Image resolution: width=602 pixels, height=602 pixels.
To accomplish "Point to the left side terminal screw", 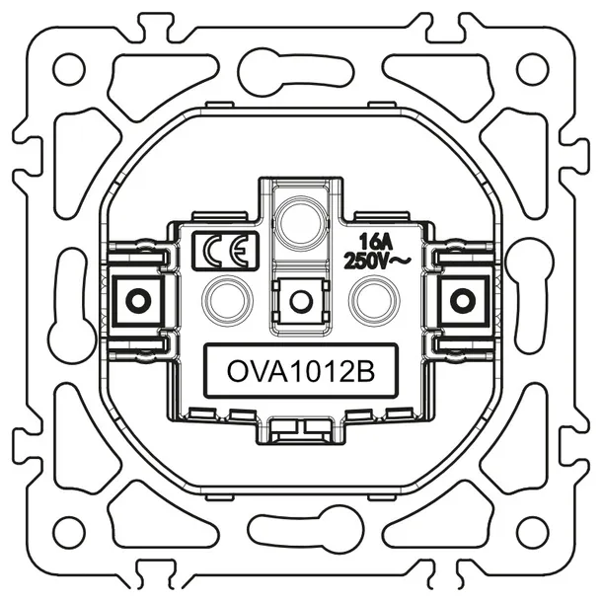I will point(137,298).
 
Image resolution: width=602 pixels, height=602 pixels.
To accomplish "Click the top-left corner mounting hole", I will point(68,69).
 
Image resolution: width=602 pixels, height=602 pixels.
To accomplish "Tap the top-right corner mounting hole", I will point(533,68).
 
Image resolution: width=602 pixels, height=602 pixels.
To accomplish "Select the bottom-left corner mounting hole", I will point(68,534).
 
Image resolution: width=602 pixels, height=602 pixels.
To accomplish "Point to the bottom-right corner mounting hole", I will point(533,534).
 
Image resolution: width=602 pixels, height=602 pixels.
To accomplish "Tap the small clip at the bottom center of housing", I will point(300,427).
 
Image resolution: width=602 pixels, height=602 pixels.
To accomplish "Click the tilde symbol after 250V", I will point(403,261).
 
